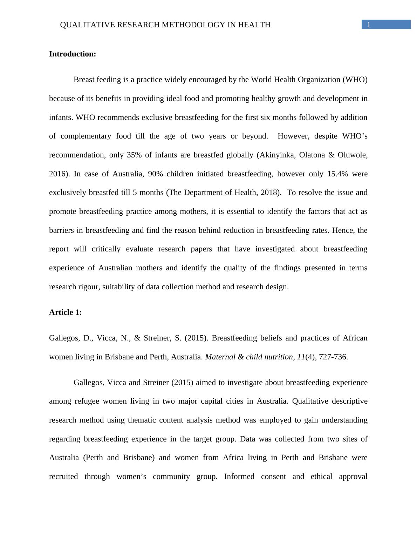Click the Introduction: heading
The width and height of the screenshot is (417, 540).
click(73, 54)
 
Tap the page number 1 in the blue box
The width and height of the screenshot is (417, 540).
click(369, 25)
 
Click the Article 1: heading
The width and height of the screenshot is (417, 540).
click(66, 312)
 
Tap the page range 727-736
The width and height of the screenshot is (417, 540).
click(333, 357)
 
